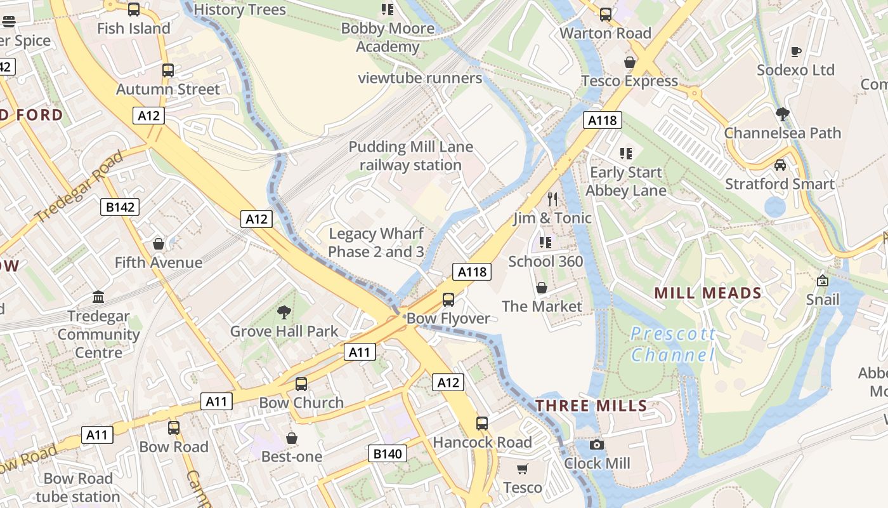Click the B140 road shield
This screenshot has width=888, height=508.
(388, 453)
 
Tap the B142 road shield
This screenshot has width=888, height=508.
(120, 207)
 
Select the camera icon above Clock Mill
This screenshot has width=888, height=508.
(597, 445)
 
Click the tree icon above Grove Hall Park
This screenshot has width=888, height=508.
(284, 312)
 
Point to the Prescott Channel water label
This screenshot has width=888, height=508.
(673, 344)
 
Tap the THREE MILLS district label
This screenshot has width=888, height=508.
(591, 406)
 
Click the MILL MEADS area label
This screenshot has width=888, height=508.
(707, 293)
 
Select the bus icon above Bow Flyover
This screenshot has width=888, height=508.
(448, 299)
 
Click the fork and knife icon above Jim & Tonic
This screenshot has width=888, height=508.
(552, 199)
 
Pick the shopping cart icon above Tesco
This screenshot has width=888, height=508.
(522, 469)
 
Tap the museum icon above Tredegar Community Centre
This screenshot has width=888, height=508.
(98, 297)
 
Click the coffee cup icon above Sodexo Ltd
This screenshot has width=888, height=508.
(795, 51)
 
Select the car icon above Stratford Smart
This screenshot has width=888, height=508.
(780, 165)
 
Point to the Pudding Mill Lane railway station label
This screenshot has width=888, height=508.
(410, 156)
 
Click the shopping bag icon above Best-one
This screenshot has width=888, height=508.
(292, 438)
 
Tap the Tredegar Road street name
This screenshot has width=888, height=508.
(79, 187)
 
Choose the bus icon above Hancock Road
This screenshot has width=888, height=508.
(482, 423)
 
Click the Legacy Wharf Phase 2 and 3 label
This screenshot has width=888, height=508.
(376, 243)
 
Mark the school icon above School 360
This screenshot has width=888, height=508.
(545, 243)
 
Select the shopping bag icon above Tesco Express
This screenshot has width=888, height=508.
(630, 62)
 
